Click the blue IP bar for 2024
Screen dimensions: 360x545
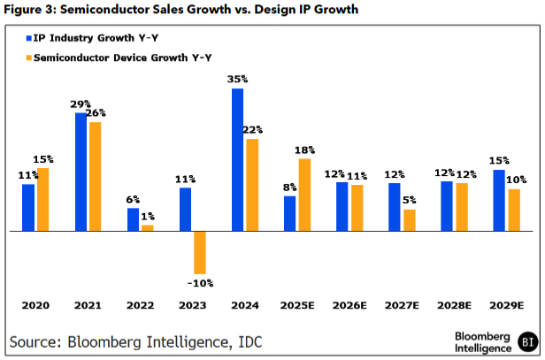[x=237, y=160]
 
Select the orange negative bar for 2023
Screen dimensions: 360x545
[x=200, y=252]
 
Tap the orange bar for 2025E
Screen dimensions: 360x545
[x=304, y=195]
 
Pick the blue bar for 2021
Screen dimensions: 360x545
[x=81, y=172]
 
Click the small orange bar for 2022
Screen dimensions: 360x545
[x=148, y=227]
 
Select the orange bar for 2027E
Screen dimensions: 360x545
[x=409, y=220]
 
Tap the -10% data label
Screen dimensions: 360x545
[x=200, y=283]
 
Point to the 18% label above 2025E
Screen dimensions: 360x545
[x=305, y=150]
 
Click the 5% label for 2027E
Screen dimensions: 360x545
[x=410, y=201]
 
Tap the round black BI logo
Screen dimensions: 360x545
[x=527, y=341]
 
